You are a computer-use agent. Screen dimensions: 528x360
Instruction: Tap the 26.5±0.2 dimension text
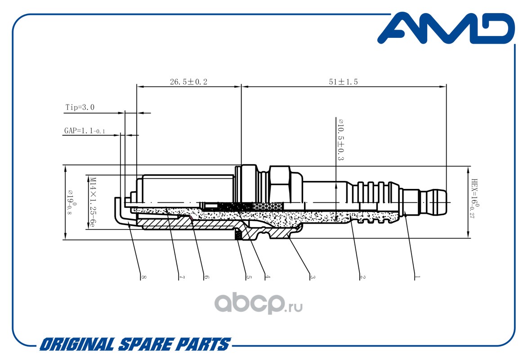tap(188, 81)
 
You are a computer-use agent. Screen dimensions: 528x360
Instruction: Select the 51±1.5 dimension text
tap(344, 81)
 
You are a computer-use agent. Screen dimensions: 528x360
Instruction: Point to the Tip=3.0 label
tap(80, 107)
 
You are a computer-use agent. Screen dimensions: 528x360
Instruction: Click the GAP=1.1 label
tap(85, 130)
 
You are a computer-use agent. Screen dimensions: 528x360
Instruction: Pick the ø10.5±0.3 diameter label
tap(340, 139)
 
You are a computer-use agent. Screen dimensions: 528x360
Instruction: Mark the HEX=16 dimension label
tap(475, 198)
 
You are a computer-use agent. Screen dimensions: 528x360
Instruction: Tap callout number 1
tap(417, 277)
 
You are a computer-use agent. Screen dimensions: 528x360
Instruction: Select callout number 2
tap(362, 277)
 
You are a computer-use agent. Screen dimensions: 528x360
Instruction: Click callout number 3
tap(313, 277)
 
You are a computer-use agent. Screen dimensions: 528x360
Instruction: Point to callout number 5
tap(249, 277)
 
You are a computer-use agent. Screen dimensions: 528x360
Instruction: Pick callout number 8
tap(144, 277)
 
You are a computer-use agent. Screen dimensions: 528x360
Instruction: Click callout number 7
tap(182, 277)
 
